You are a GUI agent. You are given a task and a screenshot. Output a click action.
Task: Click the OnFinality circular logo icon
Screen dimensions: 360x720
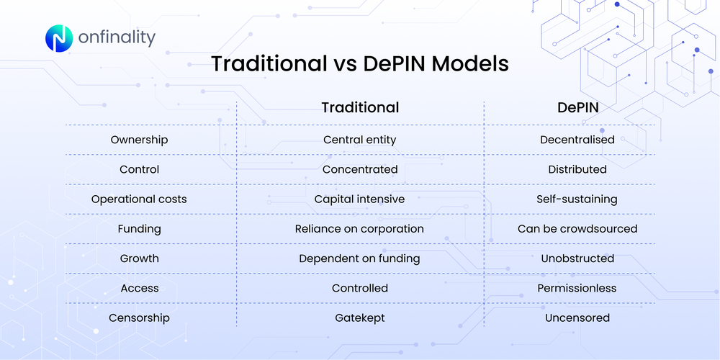pos(60,38)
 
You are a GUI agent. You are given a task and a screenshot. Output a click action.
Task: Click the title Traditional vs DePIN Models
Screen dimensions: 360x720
pos(359,63)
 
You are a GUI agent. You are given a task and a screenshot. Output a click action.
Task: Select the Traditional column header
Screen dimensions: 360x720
pos(359,107)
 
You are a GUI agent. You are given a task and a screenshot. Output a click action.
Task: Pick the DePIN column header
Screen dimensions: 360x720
pos(577,107)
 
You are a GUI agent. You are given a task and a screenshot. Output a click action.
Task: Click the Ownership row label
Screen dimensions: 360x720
pos(139,140)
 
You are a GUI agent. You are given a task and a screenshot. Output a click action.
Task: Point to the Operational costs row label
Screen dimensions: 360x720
pos(139,199)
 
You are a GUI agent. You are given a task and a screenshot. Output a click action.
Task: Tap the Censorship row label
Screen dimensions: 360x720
pos(139,318)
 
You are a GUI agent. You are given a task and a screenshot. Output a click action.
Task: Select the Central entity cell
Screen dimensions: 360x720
pos(359,140)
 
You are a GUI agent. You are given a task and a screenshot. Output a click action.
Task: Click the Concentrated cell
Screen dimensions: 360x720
pos(359,169)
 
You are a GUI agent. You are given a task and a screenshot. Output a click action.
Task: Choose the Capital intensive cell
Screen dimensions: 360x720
pos(359,199)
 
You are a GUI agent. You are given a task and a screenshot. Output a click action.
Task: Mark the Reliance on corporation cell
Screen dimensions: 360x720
pos(359,229)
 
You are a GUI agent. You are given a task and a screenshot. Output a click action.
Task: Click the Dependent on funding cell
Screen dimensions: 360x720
pos(359,258)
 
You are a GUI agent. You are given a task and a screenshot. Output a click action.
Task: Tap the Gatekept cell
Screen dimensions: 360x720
pos(359,318)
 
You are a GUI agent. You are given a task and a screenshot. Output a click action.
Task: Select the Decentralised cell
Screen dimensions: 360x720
pos(577,140)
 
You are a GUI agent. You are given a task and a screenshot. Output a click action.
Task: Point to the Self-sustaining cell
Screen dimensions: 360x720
pos(577,199)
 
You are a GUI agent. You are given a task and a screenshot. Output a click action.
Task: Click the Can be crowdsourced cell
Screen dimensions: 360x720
pos(577,229)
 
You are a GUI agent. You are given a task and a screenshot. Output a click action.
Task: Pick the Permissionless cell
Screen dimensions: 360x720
pos(577,288)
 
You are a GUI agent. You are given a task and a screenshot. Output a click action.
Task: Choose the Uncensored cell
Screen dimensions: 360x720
pos(577,318)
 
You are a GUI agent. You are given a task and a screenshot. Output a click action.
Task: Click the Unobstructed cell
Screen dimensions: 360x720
pos(577,258)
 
